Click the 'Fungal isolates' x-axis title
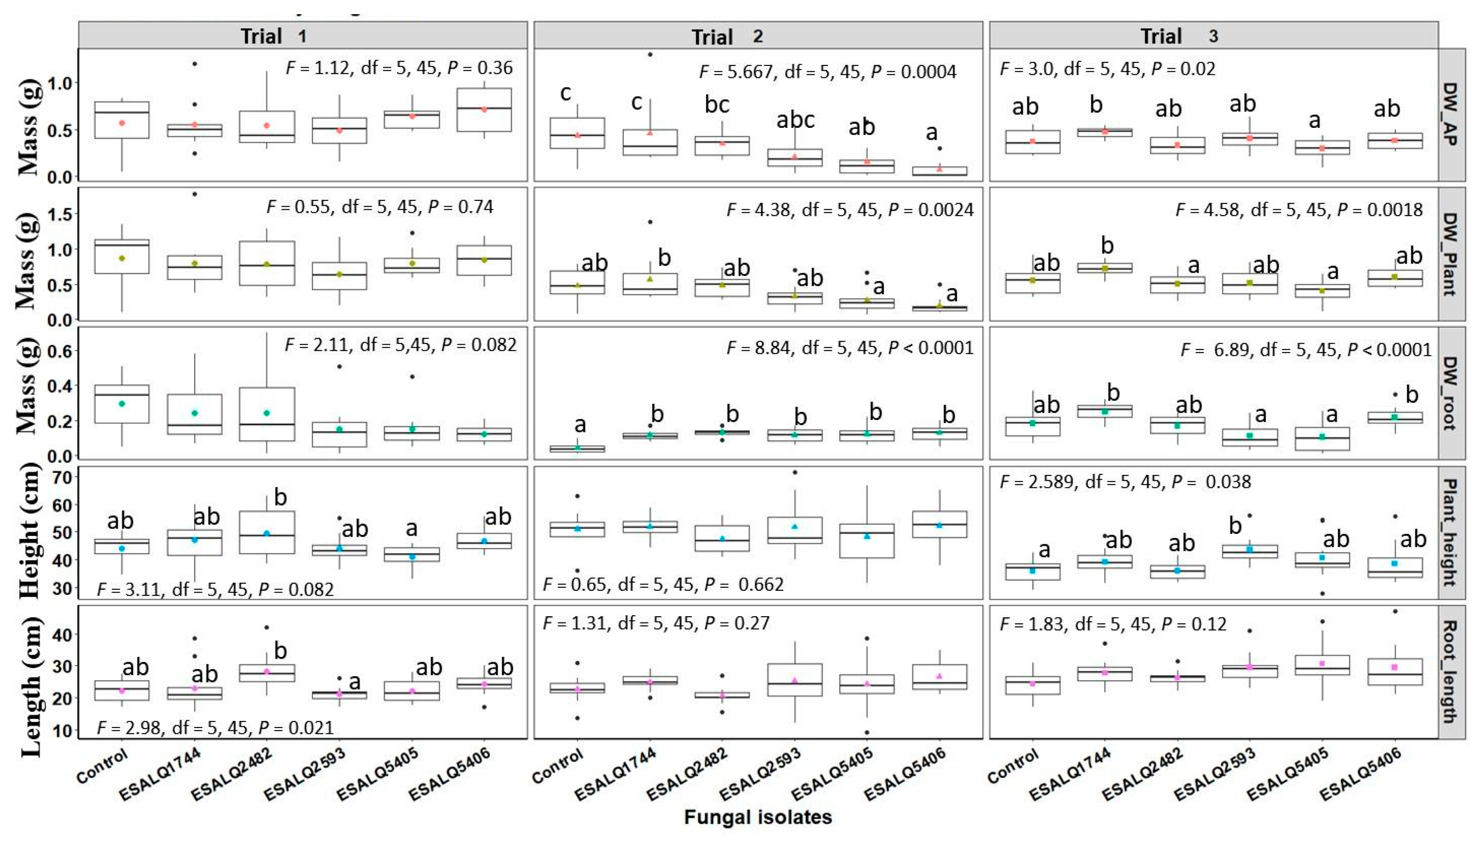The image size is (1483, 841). [x=758, y=817]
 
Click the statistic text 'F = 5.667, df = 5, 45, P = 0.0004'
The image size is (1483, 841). [x=827, y=72]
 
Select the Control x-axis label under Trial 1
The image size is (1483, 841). [x=102, y=766]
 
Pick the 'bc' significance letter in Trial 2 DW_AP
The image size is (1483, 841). [x=717, y=104]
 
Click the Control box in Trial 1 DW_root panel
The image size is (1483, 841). [x=122, y=404]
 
